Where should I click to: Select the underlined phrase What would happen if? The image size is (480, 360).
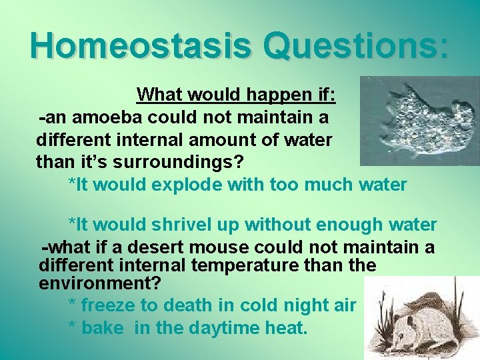pos(236,95)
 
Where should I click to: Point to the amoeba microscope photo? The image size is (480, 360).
pos(419,120)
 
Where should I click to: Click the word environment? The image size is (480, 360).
pos(100,283)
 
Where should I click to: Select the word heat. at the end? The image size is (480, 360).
pos(287,328)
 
